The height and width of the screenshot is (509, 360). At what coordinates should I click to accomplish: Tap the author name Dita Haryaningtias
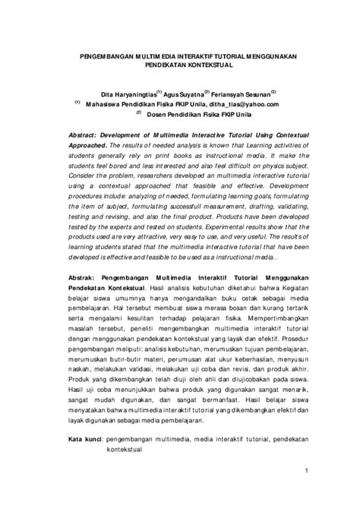122,93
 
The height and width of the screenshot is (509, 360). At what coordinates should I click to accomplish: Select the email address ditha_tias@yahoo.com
244,103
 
